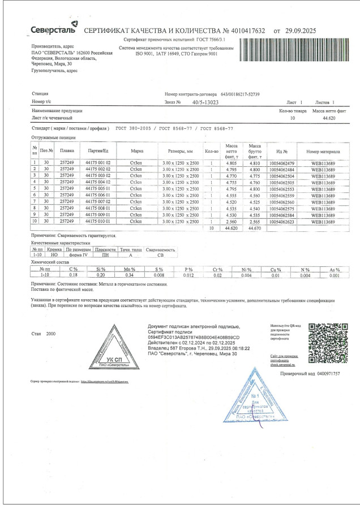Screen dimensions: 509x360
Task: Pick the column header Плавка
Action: point(67,152)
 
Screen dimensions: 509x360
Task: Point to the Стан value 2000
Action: point(51,334)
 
